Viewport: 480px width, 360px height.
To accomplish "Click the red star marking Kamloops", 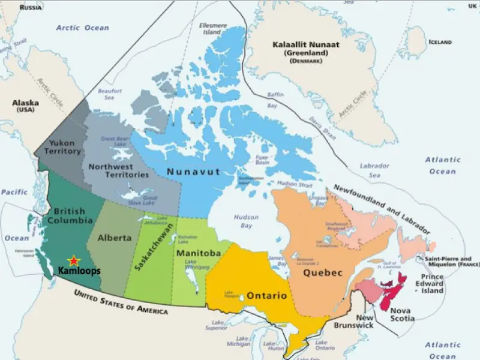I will coord(73,260).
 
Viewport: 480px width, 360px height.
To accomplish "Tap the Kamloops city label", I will coord(79,271).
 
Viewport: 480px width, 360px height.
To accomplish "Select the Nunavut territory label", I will coord(193,172).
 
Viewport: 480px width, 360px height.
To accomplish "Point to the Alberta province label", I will coord(114,238).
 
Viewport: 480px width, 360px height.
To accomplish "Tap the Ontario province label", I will coord(266,296).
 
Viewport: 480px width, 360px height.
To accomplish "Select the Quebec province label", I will coord(322,272).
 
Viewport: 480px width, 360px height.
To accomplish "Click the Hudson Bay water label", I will coord(246,221).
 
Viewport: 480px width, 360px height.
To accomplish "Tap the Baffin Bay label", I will coord(275,100).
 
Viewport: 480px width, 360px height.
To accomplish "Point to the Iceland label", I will coord(440,43).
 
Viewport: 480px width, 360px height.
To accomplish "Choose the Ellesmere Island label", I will coord(210,30).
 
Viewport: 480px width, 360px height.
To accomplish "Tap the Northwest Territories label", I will coord(118,170).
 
